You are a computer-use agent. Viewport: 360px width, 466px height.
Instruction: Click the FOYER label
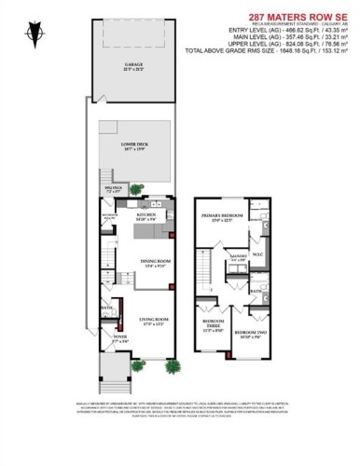(119, 337)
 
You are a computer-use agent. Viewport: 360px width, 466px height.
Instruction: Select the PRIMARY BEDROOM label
(222, 217)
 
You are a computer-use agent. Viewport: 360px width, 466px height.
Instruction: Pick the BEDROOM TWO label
(248, 332)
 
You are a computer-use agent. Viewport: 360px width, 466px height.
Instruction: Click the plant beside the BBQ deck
(136, 189)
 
